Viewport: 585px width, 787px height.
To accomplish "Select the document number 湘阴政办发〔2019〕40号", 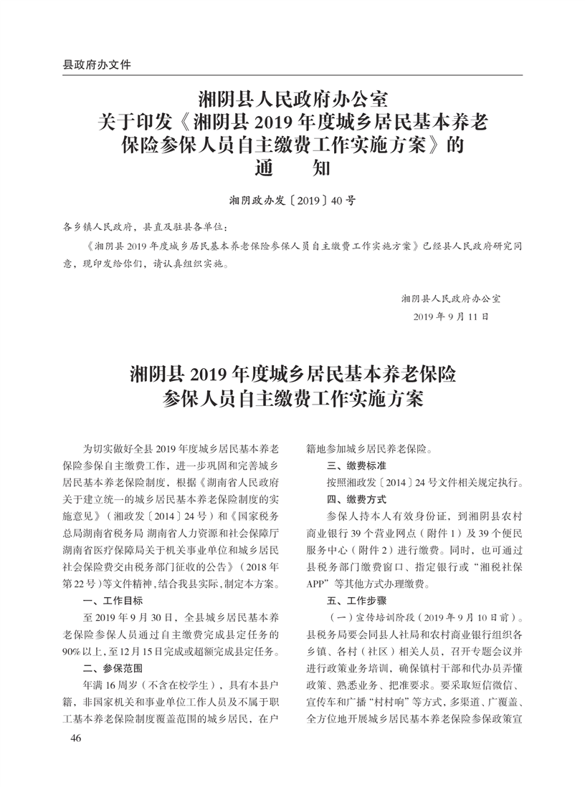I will pos(292,201).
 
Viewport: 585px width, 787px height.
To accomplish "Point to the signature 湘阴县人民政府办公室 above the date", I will pos(451,297).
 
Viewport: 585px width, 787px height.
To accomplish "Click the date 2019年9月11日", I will pos(452,316).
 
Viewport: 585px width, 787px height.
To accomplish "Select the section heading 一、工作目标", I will pos(113,600).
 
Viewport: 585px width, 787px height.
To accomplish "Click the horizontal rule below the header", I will pos(292,74).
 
